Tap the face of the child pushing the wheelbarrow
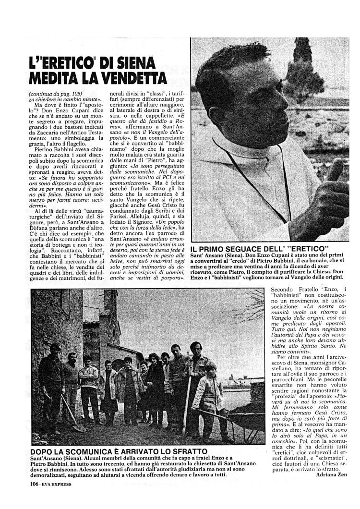click(211, 370)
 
